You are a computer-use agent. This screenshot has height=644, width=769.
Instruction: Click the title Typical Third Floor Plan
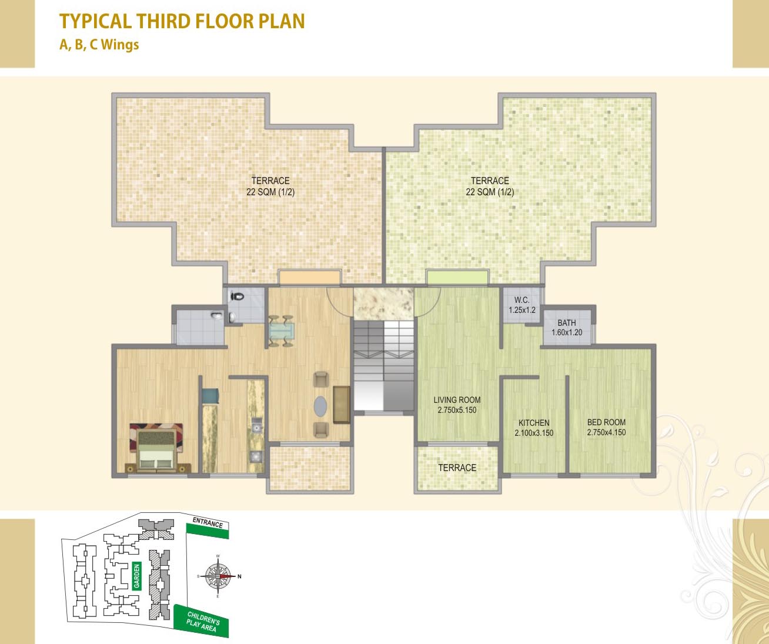point(182,22)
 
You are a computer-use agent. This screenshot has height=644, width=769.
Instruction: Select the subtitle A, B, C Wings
point(99,45)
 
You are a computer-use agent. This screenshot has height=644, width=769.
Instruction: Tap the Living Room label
point(457,400)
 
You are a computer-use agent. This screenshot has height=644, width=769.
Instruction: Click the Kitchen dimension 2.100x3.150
point(534,433)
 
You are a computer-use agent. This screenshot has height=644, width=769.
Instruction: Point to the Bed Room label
point(606,422)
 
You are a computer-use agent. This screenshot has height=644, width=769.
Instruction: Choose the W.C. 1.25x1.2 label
point(521,305)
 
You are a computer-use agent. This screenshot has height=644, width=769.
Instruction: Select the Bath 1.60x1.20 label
point(567,328)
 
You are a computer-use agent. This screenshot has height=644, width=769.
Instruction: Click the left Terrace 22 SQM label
point(270,186)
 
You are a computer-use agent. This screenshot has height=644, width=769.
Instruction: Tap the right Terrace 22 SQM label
point(490,186)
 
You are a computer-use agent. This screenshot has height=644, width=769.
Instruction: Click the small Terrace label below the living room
point(457,468)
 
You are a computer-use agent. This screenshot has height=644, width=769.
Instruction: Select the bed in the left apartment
point(156,448)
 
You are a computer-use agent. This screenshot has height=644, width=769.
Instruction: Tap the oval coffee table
point(320,405)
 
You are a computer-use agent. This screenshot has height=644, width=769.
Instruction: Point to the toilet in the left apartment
point(237,296)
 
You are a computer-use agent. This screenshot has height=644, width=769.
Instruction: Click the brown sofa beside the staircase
point(341,404)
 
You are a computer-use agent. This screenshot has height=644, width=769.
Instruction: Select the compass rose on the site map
point(218,576)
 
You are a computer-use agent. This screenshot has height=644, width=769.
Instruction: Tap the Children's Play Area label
point(202,622)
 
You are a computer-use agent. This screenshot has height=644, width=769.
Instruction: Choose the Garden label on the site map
point(137,576)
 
